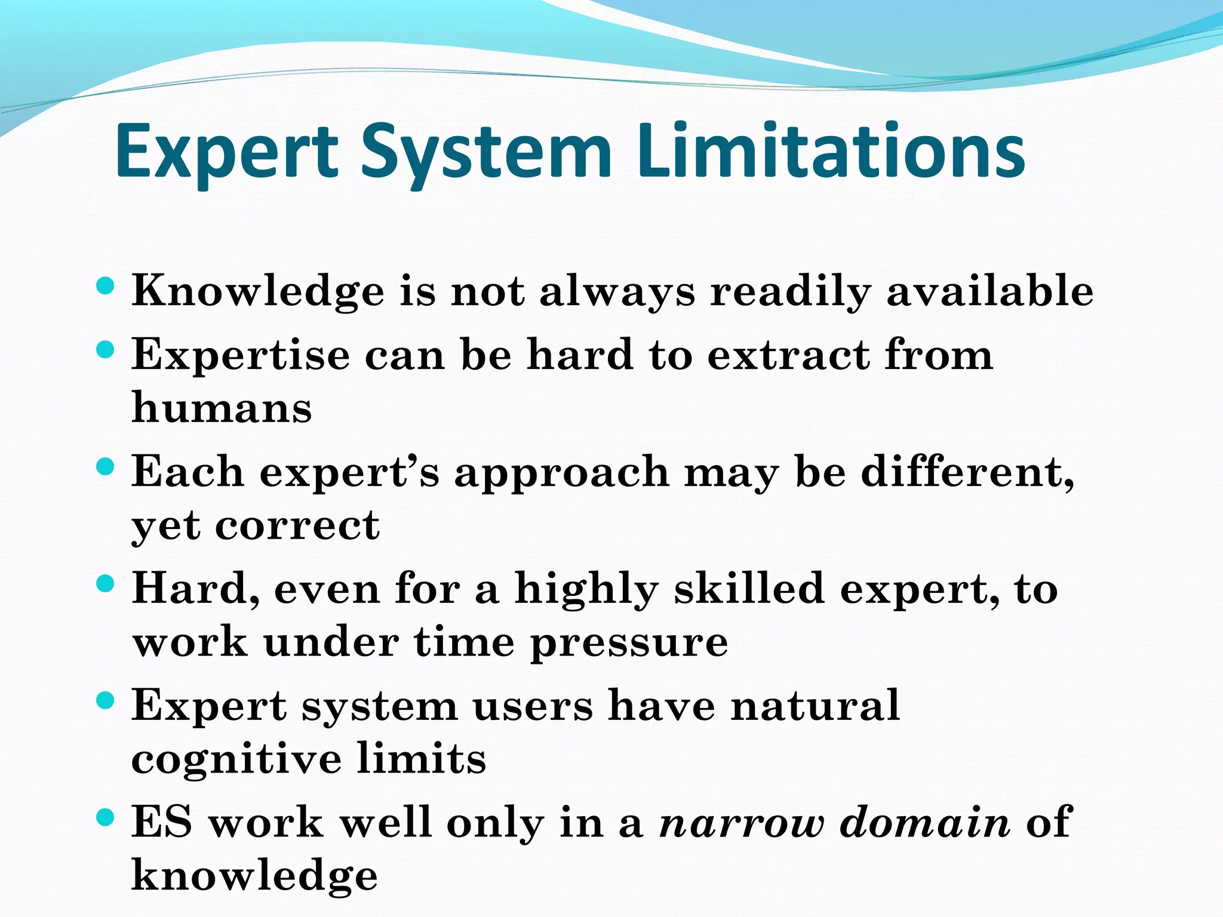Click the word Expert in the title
pos(227,152)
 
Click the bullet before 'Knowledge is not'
pos(105,285)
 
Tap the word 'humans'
pos(222,408)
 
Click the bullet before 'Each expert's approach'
pos(105,466)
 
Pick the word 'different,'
pos(967,472)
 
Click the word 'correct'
pos(297,525)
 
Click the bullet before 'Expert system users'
pos(105,700)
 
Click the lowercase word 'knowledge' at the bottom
pos(254,876)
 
